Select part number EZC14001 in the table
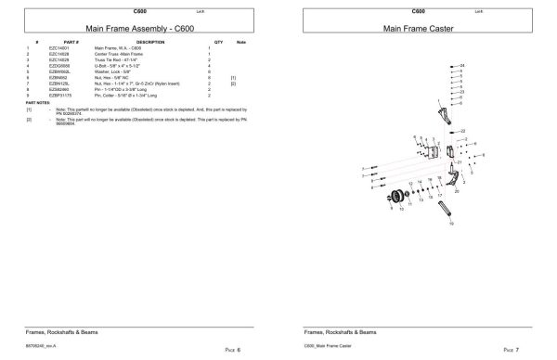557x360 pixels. pyautogui.click(x=59, y=47)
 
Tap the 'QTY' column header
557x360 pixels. pyautogui.click(x=219, y=42)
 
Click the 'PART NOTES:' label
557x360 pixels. pyautogui.click(x=37, y=102)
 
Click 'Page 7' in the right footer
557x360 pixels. pyautogui.click(x=509, y=350)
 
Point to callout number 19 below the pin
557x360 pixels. pyautogui.click(x=451, y=225)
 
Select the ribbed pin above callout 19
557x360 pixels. pyautogui.click(x=449, y=203)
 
